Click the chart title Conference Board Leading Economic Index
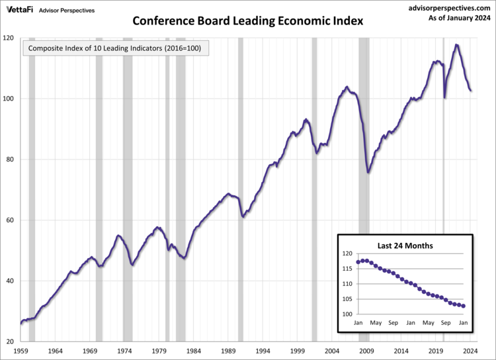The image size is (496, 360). tap(248, 21)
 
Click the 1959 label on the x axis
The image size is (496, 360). tap(21, 351)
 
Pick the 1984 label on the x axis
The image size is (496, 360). tap(194, 351)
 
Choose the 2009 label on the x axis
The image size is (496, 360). tap(367, 351)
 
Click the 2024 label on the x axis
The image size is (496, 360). tap(471, 351)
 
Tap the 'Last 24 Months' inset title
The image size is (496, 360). tap(406, 246)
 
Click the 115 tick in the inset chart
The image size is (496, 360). tap(347, 269)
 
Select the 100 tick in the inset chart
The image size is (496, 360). tap(347, 314)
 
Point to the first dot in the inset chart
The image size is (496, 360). tap(358, 262)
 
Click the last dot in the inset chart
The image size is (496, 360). tap(464, 306)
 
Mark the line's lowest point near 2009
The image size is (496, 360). tap(368, 172)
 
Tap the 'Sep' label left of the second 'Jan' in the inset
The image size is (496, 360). tap(393, 323)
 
